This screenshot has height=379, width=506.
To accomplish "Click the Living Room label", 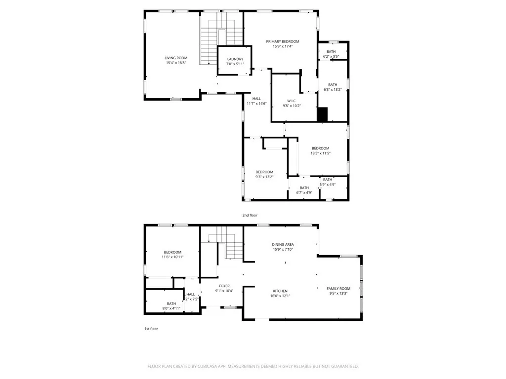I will coord(175,58).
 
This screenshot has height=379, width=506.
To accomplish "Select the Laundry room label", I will coord(235,59).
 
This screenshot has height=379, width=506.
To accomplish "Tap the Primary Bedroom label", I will coord(282,41).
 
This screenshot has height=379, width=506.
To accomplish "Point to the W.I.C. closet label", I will coord(292,100).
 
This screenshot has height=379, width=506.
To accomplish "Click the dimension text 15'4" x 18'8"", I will coord(175,63).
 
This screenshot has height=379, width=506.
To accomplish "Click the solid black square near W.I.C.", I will coord(323,114).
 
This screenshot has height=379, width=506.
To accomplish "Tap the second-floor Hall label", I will coord(256,99).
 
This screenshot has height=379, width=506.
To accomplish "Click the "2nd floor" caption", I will coord(250,215).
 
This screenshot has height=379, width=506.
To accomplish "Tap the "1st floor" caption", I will coord(151,328).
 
